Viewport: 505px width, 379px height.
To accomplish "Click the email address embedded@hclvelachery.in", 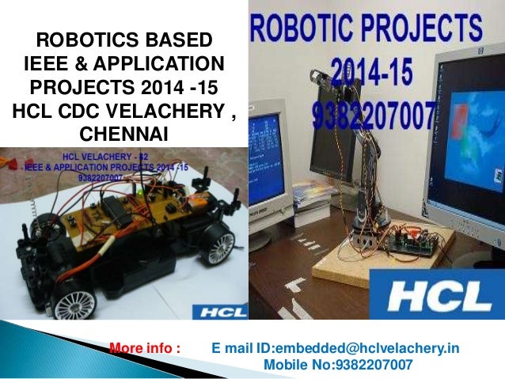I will (x=336, y=349).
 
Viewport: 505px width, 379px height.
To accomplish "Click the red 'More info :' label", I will (x=145, y=349).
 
